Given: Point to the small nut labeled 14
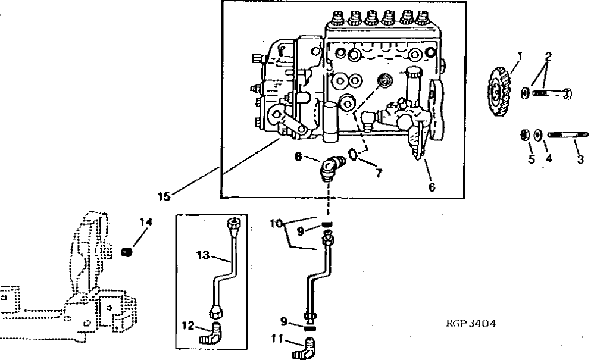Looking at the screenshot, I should pyautogui.click(x=126, y=253).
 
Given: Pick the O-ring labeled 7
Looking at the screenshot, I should pyautogui.click(x=353, y=155).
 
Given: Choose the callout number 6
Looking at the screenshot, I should pyautogui.click(x=432, y=187).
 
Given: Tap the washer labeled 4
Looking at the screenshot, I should pyautogui.click(x=537, y=136).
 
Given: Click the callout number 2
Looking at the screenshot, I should pyautogui.click(x=548, y=57).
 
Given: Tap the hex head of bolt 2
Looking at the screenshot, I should pyautogui.click(x=568, y=93).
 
